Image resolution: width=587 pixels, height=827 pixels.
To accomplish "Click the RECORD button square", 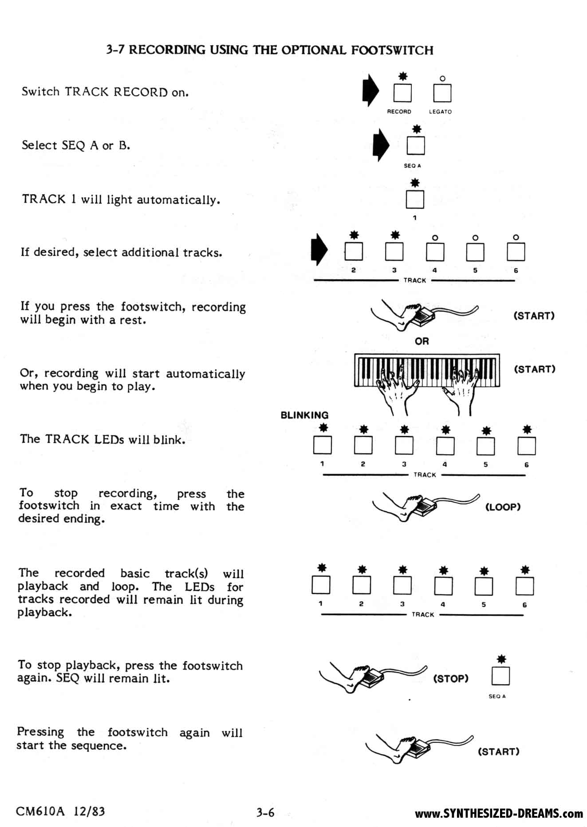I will tap(402, 93).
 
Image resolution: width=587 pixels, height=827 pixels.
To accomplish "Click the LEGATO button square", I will tap(442, 93).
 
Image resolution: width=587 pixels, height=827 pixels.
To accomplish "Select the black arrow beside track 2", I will tap(319, 250).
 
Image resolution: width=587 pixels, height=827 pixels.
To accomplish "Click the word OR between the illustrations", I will tap(422, 341).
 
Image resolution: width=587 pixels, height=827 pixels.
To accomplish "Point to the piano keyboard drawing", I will tap(427, 370).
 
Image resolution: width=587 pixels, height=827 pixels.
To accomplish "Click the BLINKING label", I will tap(304, 415).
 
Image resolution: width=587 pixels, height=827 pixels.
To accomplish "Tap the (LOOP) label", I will tap(503, 507).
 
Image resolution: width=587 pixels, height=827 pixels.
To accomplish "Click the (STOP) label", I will tap(451, 678).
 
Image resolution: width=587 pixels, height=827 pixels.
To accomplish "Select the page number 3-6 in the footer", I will tap(265, 812).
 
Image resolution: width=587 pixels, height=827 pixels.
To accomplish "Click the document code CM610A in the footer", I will tap(40, 811).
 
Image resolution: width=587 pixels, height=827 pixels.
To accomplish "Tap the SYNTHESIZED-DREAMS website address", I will tap(499, 813).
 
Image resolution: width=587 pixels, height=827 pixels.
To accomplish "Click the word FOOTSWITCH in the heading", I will tap(392, 50).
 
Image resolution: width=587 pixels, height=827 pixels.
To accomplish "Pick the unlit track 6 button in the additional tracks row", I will tap(516, 252).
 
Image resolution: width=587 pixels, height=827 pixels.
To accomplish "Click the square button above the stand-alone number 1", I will tap(415, 199).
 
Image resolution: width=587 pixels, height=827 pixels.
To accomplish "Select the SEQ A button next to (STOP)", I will tap(500, 676).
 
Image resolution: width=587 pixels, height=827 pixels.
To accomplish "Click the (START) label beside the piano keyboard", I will tap(535, 369).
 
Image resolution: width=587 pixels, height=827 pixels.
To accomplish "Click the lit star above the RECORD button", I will tap(402, 77).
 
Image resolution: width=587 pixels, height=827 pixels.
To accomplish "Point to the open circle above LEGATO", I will tap(442, 78).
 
